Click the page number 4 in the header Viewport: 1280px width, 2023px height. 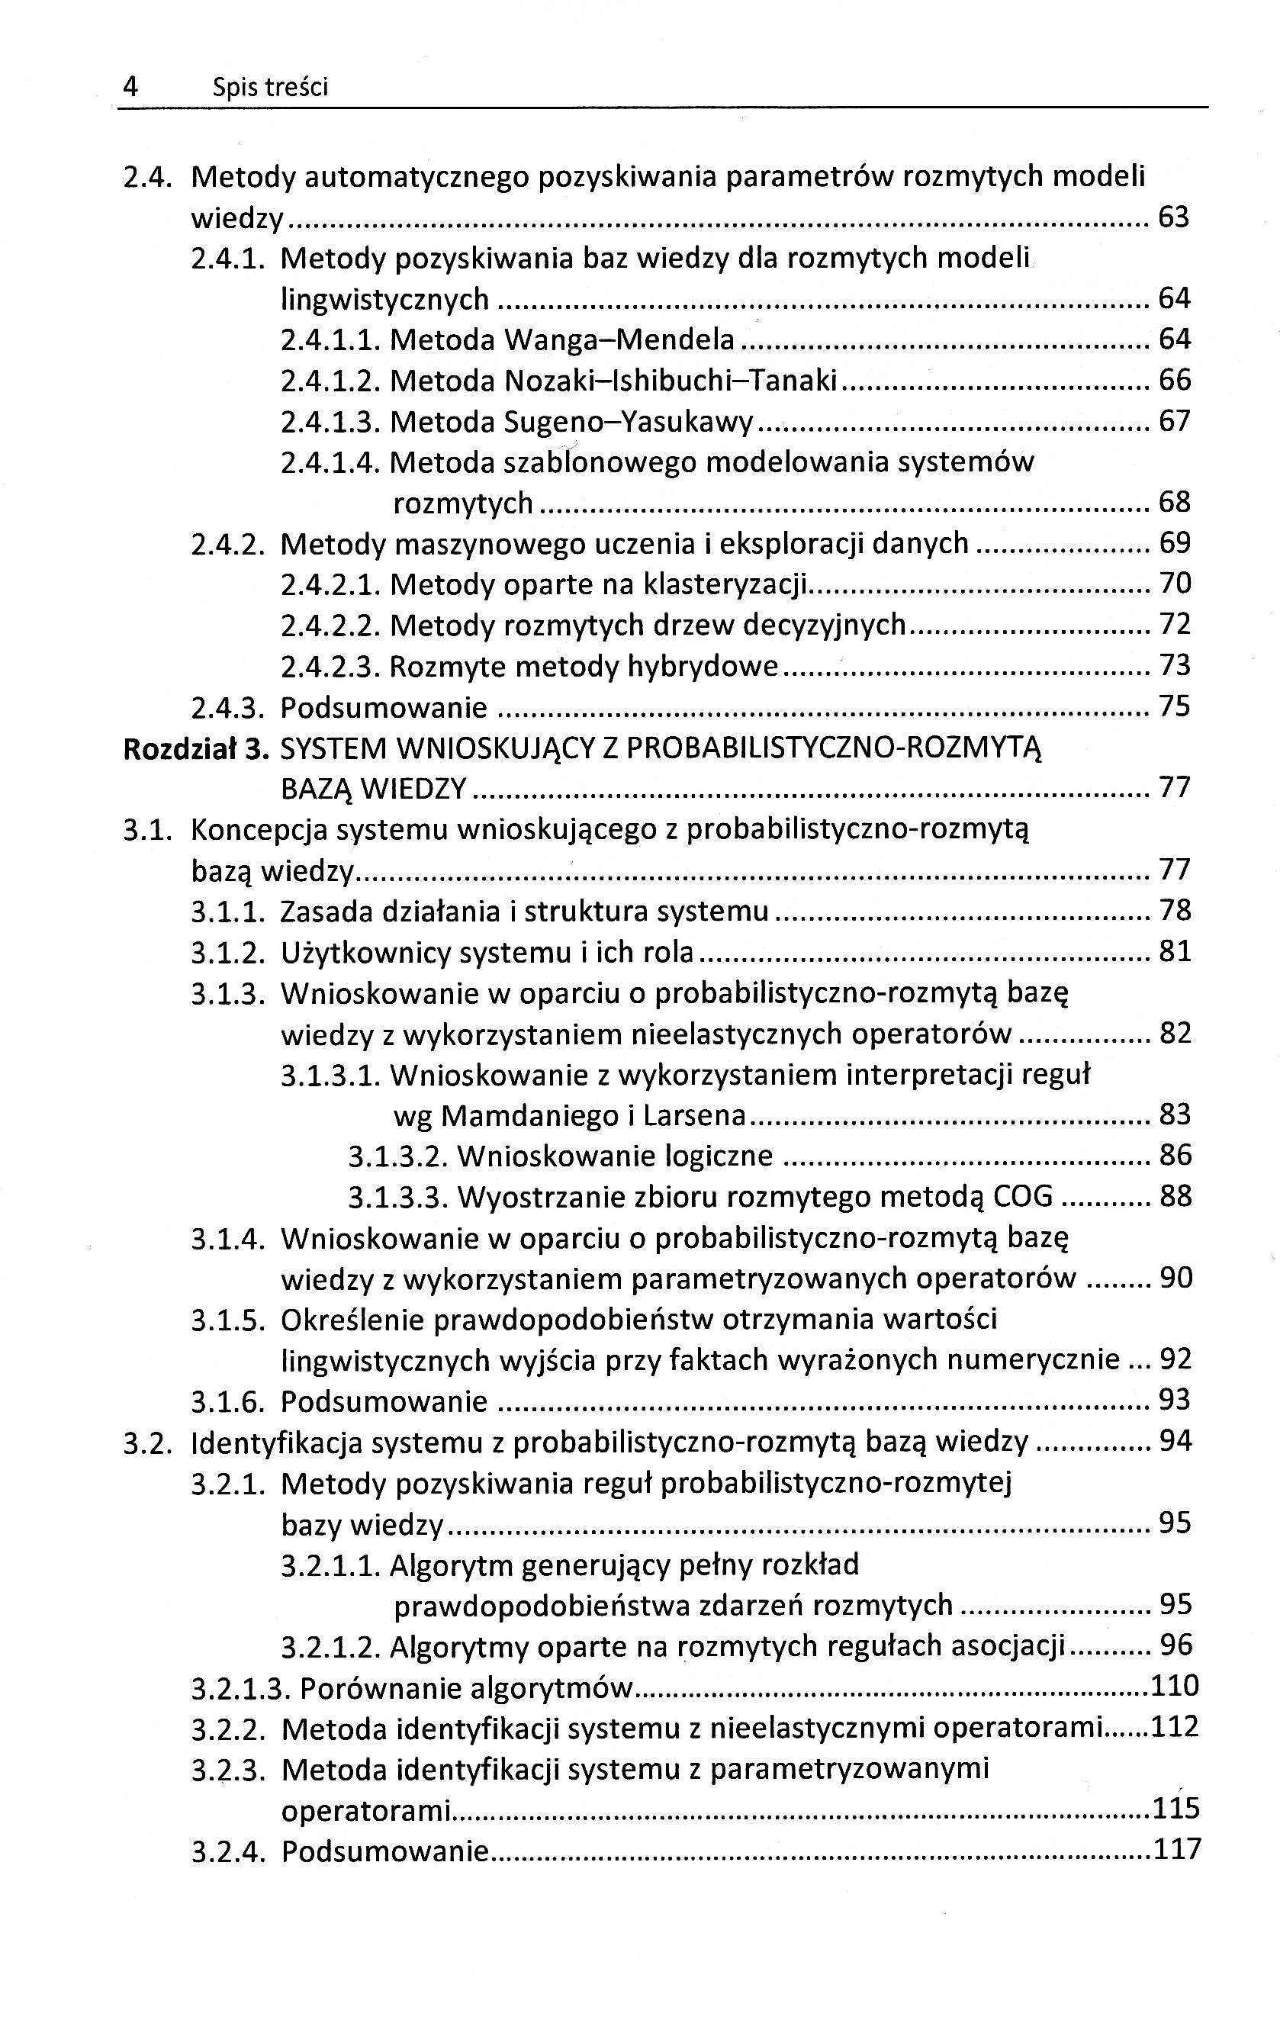click(x=130, y=86)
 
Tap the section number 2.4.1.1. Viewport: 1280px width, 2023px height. click(x=331, y=339)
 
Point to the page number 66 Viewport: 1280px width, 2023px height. click(x=1174, y=380)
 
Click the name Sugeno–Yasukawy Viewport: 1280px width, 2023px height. click(x=629, y=421)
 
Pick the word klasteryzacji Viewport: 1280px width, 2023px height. click(x=722, y=584)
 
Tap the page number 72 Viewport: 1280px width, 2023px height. click(x=1174, y=624)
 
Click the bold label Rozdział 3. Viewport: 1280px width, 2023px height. click(x=195, y=748)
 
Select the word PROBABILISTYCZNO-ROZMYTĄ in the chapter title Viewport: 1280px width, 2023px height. click(x=833, y=748)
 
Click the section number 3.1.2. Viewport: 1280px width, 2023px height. click(x=228, y=953)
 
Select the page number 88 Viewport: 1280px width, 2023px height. click(x=1175, y=1196)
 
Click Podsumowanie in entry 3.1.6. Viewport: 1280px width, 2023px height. click(x=384, y=1401)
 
